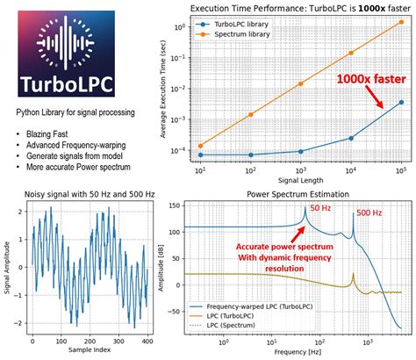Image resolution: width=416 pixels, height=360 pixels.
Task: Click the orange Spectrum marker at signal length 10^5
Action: coord(402,24)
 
